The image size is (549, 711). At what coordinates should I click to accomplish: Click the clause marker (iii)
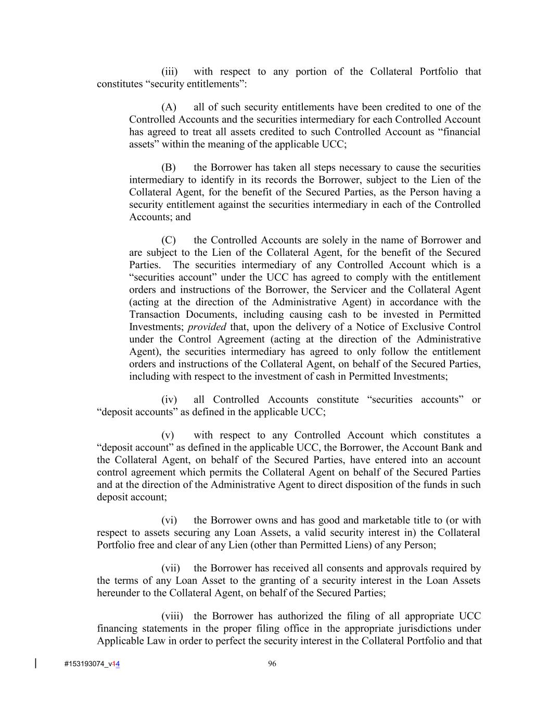[x=169, y=72]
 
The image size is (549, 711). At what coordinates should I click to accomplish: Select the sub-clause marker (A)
[x=169, y=107]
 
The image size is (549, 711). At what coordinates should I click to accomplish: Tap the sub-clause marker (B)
[x=169, y=168]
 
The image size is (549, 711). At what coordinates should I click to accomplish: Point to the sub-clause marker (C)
[x=169, y=241]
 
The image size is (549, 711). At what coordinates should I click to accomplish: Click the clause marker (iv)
[x=169, y=400]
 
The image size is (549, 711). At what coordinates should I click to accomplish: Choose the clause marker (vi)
[x=169, y=520]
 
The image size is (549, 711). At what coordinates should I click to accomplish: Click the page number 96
[x=272, y=664]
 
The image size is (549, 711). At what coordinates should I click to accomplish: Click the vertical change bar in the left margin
[x=35, y=663]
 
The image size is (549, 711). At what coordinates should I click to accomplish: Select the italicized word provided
[x=207, y=327]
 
